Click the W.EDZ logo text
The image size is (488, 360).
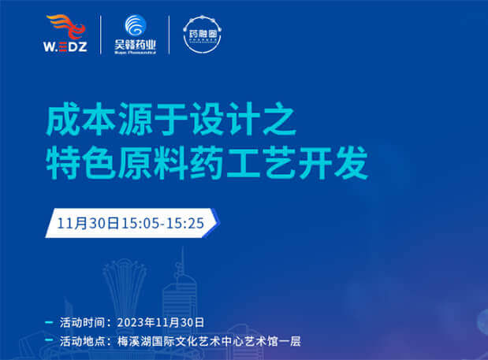pos(70,48)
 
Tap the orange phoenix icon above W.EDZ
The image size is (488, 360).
pos(71,27)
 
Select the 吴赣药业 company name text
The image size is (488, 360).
pos(136,46)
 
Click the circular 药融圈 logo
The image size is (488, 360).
pos(203,34)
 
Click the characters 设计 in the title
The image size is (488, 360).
pos(216,123)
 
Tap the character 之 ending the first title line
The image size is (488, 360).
pos(279,123)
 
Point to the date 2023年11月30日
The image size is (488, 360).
pos(160,323)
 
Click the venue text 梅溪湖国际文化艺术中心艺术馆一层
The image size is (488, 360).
pos(208,342)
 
